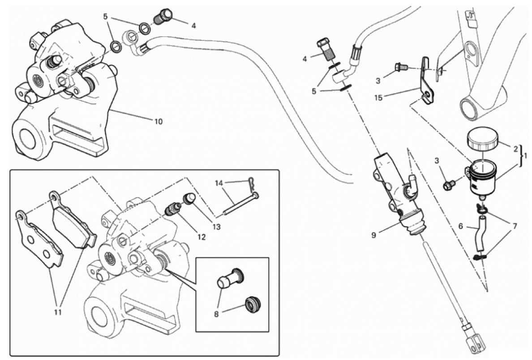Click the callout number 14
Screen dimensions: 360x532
(219, 183)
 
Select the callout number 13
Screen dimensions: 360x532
(216, 227)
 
